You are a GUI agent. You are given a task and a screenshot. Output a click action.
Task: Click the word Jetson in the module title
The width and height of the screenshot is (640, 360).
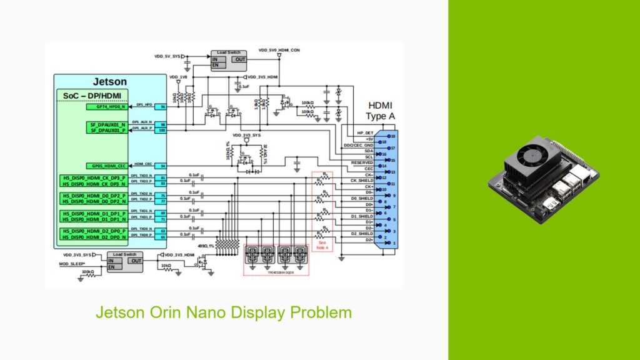tap(110, 81)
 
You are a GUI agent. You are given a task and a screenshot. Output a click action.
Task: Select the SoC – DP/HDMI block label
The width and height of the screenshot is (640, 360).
tap(92, 96)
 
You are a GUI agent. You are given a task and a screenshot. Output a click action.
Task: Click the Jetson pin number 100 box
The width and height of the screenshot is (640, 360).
tap(162, 130)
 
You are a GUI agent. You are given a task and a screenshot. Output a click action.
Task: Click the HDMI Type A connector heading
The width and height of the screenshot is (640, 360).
tap(381, 111)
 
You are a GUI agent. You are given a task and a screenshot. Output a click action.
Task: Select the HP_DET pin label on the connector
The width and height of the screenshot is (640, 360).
tap(364, 133)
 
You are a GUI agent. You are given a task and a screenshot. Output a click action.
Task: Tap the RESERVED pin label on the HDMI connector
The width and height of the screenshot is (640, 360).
tap(362, 162)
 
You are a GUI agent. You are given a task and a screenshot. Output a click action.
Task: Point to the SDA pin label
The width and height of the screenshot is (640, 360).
tap(368, 151)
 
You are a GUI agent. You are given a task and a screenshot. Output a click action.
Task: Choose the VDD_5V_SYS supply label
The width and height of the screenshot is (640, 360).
tap(167, 56)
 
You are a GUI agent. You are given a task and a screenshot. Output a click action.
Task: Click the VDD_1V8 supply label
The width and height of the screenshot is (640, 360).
tap(178, 77)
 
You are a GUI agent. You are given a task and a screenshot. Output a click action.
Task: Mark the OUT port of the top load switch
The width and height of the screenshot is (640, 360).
tap(239, 59)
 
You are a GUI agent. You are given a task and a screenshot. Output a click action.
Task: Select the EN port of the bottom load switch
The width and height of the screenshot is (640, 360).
tap(111, 267)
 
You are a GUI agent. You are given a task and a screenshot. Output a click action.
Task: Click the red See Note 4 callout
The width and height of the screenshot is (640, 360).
tap(322, 245)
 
